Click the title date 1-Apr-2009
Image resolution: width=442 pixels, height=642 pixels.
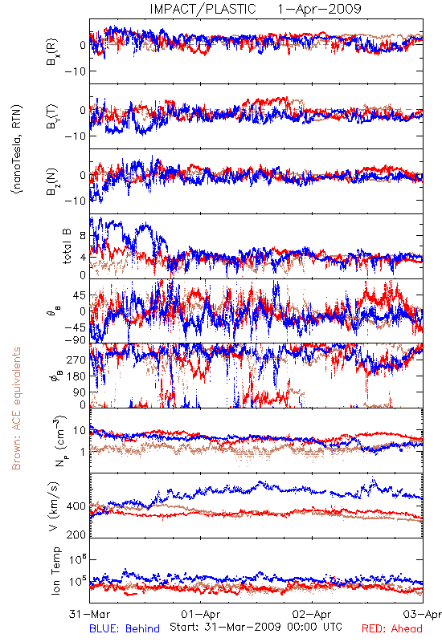pos(319,9)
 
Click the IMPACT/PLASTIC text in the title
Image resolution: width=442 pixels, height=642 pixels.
pos(203,9)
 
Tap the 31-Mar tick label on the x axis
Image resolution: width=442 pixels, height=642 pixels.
pos(89,614)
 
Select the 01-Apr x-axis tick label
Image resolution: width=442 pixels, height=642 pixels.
pos(200,614)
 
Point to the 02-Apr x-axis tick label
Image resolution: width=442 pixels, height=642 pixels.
pos(312,614)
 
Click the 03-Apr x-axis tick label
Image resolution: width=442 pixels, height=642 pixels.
pos(423,614)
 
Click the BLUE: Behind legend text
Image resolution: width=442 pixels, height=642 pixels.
pos(125,629)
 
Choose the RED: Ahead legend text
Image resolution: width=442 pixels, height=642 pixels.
pos(391,629)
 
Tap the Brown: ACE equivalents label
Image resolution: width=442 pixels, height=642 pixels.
pos(16,408)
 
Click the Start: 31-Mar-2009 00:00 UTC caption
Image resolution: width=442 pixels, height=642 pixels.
pos(256,627)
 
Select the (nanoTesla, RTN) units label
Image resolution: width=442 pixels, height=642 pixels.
pos(17,149)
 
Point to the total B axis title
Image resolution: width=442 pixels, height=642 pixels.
pos(67,246)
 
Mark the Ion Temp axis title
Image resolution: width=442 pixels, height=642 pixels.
pos(55,571)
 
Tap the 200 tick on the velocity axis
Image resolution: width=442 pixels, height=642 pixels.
pos(76,534)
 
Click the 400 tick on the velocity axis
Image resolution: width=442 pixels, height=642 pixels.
pos(76,506)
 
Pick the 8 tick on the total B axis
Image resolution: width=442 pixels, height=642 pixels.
pos(83,235)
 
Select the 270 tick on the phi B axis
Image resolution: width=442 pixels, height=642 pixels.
pos(76,360)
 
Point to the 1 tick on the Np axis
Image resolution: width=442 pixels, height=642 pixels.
pos(84,452)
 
